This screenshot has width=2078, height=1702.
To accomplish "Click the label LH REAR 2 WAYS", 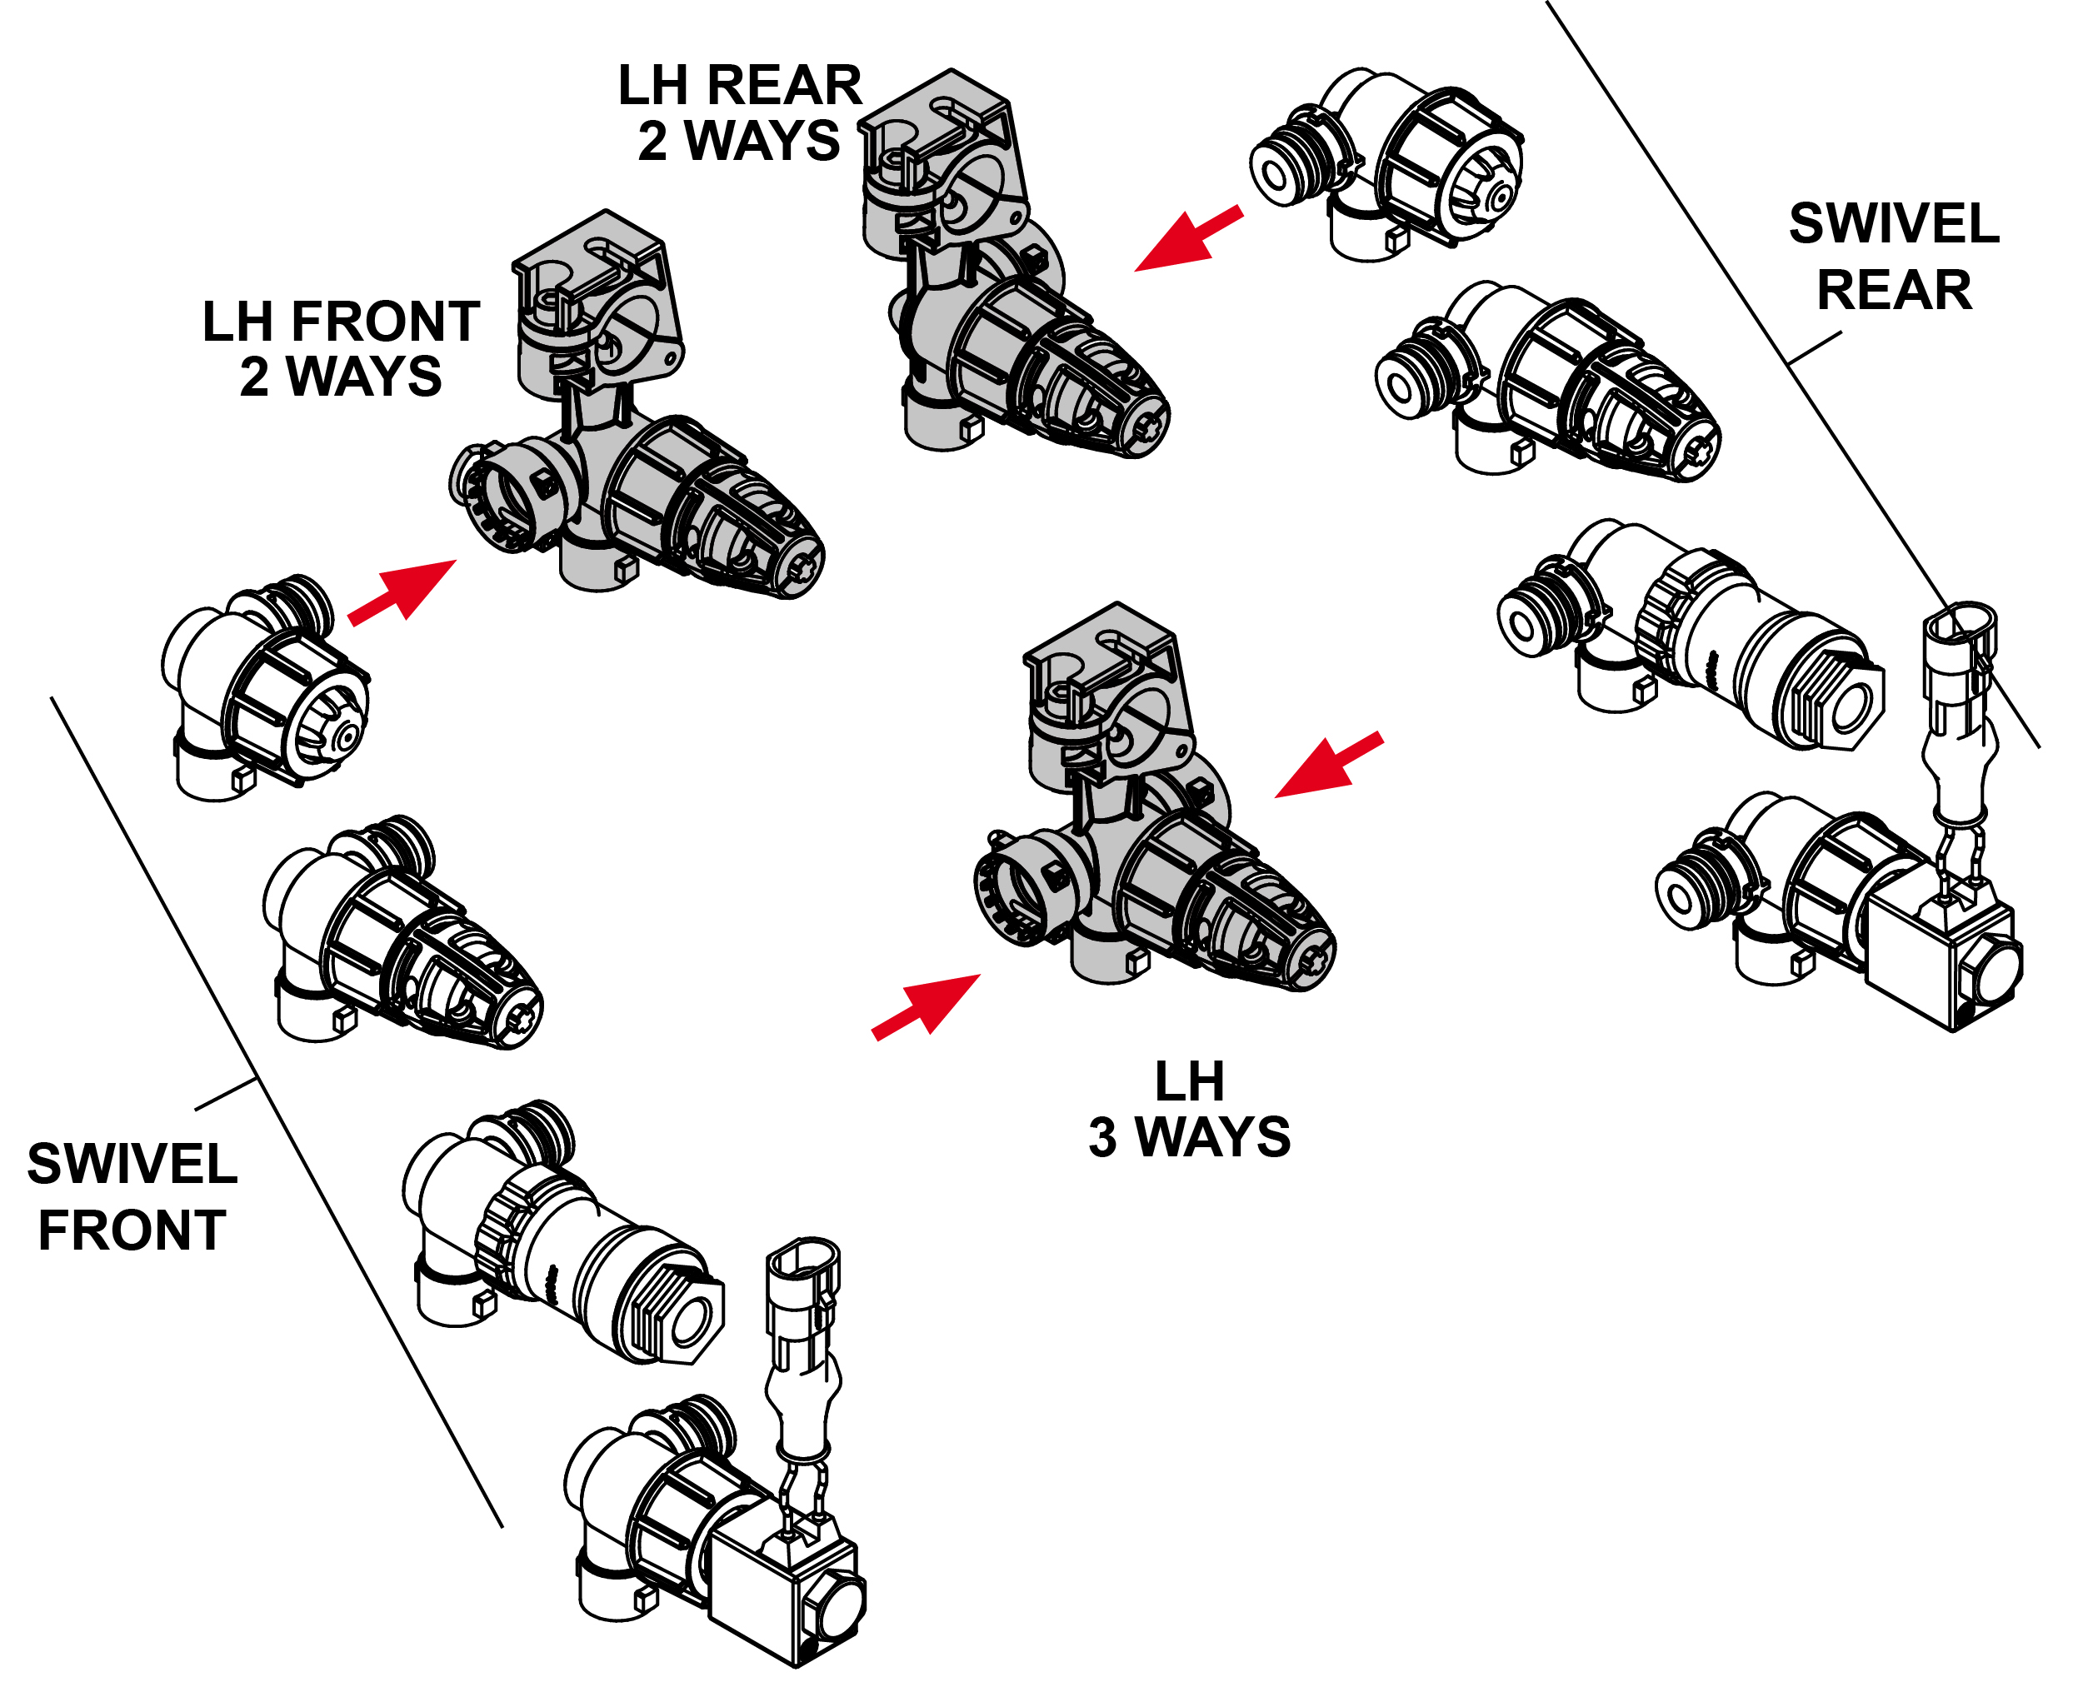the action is point(739,112).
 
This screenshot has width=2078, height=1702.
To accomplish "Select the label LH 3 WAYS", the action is point(1190,1110).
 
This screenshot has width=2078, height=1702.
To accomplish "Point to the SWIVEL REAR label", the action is point(1894,257).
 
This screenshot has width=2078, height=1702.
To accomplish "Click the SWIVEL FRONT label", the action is point(132,1197).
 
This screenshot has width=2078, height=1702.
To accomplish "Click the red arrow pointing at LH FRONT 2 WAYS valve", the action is point(403,591).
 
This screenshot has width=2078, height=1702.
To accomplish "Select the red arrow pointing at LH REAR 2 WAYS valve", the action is point(1188,238).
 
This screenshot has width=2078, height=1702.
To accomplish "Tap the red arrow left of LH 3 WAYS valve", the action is point(927,1005).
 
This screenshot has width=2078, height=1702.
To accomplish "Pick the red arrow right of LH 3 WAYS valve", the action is point(1329,765).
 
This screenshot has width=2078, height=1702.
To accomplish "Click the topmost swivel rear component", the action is point(1386,165).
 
